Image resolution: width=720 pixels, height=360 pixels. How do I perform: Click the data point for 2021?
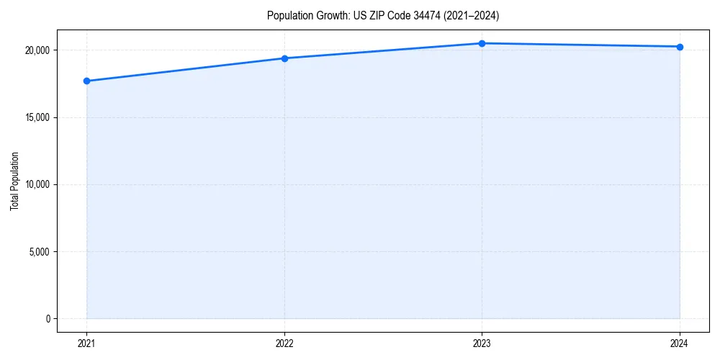tap(86, 81)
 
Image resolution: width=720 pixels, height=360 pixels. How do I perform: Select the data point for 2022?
tap(284, 58)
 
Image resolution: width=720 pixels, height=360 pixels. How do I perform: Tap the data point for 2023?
tap(482, 43)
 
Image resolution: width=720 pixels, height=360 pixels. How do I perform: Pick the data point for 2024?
tap(680, 47)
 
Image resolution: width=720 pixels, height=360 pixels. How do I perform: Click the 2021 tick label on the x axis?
tap(86, 343)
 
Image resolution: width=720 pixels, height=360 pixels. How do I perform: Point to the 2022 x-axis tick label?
tap(284, 343)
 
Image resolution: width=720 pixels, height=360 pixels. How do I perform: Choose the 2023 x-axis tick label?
tap(482, 343)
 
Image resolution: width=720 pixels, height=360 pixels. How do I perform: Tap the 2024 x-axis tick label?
tap(680, 343)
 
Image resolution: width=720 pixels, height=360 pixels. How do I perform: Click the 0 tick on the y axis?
tap(48, 319)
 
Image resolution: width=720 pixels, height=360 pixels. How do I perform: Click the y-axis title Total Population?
tap(14, 181)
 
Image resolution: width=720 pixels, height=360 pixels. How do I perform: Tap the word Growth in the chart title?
tap(328, 15)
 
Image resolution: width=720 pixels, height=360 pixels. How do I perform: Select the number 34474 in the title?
tap(430, 15)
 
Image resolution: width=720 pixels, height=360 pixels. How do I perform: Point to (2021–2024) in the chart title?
tap(472, 15)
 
